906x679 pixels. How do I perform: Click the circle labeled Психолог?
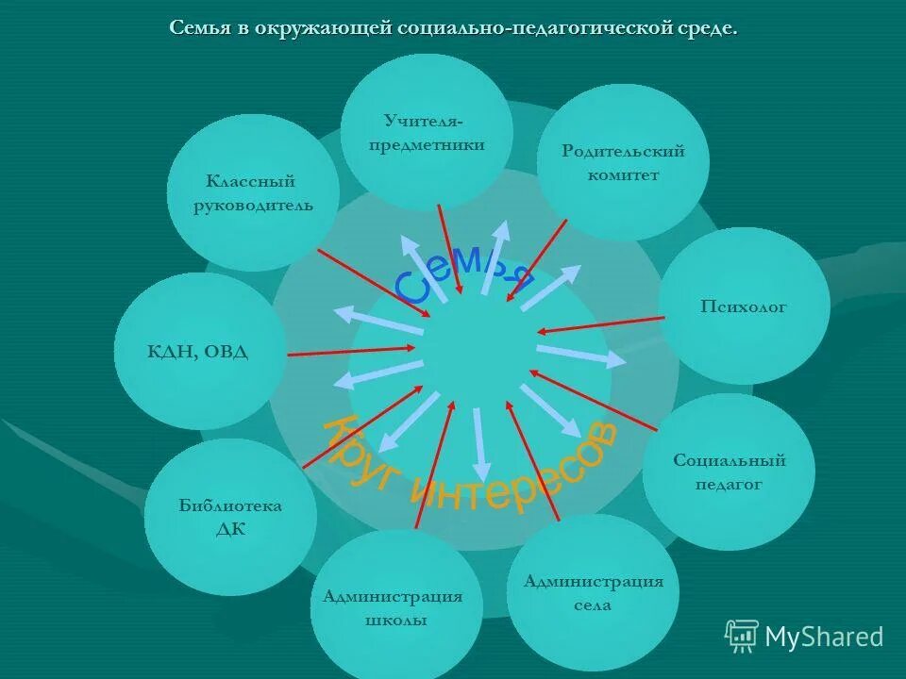(744, 306)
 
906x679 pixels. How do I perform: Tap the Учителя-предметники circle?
(427, 132)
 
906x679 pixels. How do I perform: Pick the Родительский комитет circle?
(623, 162)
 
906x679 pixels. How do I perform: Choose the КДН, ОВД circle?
(199, 352)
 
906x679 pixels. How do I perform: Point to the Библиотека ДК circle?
(230, 517)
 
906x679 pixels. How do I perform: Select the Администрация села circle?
(593, 592)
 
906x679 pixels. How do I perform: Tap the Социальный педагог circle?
(729, 472)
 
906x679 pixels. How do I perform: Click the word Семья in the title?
(199, 28)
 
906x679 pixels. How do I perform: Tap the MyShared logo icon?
(742, 637)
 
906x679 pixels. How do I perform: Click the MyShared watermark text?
(824, 638)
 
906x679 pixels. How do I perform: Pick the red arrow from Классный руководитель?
(374, 283)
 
